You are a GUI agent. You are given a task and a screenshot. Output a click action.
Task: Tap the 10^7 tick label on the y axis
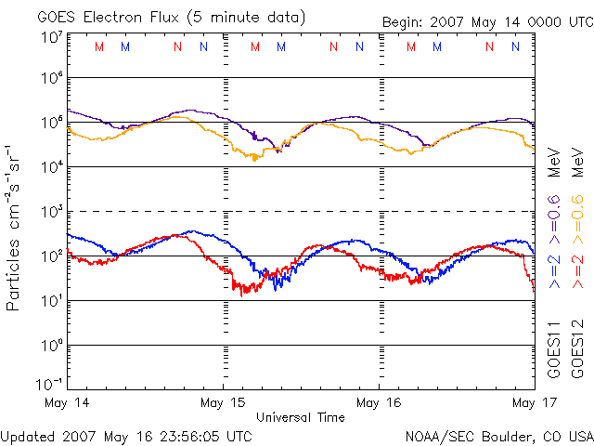point(52,36)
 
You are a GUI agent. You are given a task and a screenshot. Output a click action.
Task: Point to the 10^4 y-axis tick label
point(52,166)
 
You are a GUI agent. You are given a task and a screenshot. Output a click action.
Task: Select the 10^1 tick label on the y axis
point(52,300)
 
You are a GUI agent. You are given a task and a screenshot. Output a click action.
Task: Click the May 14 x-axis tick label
point(67,403)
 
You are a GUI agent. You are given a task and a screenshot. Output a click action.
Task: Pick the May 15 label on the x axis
point(224,403)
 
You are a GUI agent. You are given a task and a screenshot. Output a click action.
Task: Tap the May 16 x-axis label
point(380,403)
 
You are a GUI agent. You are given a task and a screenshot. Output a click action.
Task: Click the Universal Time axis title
point(301,417)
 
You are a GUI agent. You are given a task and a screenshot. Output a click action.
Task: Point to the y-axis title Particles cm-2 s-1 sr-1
point(15,227)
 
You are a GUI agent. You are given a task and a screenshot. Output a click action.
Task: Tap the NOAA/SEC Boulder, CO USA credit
point(498,435)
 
